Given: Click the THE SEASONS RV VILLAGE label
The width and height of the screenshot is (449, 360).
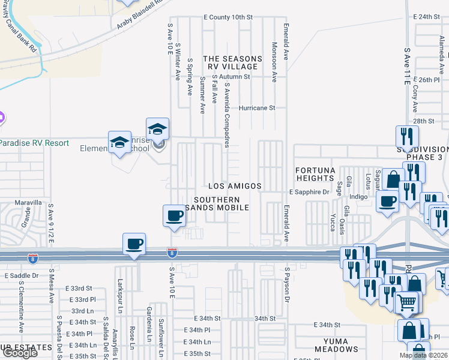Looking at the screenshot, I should tap(232, 63).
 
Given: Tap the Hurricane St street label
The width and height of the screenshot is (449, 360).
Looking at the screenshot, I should tap(256, 108).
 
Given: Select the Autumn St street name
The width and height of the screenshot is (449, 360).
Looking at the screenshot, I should tap(234, 77).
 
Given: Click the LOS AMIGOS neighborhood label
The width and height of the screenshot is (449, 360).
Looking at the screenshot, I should tap(235, 187).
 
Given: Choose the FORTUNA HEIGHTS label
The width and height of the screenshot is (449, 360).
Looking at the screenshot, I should tap(315, 175).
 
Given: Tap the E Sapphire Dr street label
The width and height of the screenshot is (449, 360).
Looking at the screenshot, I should tap(309, 192).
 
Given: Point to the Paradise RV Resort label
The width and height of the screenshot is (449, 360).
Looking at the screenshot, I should tap(34, 143).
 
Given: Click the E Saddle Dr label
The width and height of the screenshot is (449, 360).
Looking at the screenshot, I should tap(22, 275).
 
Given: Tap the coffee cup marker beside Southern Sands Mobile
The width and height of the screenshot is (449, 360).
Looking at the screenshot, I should tap(175, 215).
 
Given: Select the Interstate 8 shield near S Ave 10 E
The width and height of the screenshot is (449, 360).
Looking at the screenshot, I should tap(172, 254).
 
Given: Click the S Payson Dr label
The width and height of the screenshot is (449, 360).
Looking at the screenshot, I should tap(288, 287).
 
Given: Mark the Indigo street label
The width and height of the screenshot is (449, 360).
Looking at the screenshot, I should tap(358, 196).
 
